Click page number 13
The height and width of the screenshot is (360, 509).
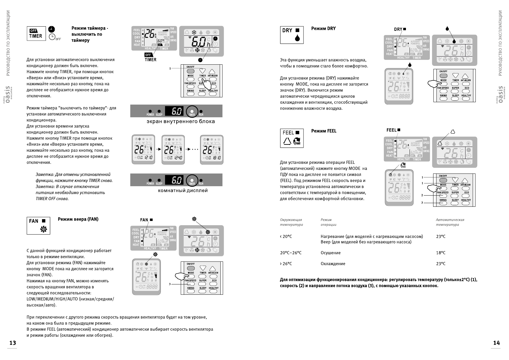point(12,343)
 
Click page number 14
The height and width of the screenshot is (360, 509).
point(496,343)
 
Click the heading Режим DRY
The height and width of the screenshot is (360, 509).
point(323,28)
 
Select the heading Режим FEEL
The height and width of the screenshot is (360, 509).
point(324,131)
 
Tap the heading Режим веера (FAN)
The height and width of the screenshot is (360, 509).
point(78,219)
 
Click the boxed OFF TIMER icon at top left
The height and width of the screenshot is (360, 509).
point(36,33)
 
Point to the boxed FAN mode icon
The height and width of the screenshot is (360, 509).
point(38,225)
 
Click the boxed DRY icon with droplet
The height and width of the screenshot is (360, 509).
point(292,35)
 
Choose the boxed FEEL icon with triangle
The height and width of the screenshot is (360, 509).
point(292,138)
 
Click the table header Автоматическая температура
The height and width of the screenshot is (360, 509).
point(450,222)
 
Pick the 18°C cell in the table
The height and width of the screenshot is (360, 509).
point(441,253)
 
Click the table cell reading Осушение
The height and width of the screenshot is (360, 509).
point(330,253)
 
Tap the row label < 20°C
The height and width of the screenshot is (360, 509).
point(286,236)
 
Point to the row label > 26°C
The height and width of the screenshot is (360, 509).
point(286,264)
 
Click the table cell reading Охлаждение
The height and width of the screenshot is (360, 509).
point(333,264)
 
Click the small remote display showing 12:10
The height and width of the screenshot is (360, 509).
point(143,150)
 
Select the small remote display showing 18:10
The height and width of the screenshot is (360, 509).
point(212,150)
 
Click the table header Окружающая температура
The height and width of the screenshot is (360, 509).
point(291,222)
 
